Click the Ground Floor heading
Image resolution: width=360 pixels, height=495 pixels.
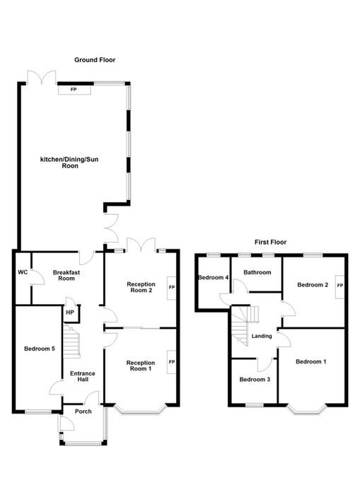95,60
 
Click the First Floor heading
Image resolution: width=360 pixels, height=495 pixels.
271,242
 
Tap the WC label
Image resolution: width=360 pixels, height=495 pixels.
23,272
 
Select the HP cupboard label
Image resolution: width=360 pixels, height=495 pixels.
70,313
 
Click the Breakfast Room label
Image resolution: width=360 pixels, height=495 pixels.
66,275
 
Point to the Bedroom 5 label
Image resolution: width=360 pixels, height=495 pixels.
40,349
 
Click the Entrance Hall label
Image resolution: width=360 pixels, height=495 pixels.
83,376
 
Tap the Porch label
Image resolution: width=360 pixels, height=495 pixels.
83,412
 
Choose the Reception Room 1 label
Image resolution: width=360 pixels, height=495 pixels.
141,366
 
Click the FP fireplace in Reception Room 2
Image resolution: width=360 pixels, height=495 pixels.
171,288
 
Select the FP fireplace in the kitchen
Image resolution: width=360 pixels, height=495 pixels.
74,90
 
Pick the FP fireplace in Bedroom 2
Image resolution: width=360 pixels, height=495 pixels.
339,286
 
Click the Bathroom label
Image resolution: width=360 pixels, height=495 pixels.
257,272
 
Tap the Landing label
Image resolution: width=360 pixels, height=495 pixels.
262,336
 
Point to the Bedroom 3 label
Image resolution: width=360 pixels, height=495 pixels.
255,380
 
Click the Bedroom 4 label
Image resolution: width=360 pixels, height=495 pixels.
214,277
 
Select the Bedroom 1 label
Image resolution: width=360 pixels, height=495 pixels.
311,361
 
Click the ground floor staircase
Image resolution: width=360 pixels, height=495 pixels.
71,342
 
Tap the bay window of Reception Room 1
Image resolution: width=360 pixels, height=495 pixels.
141,409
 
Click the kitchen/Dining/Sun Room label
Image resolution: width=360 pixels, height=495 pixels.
69,163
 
